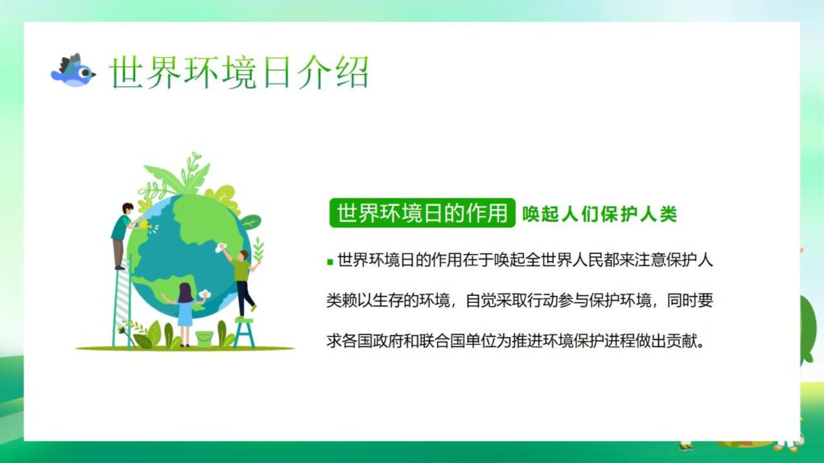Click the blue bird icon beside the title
click(72, 71)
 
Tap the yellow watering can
click(144, 225)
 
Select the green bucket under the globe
click(204, 338)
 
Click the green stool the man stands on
click(245, 330)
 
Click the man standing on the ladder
click(122, 233)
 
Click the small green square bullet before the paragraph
click(330, 261)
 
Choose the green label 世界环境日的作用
click(422, 213)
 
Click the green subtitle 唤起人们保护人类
click(599, 214)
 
